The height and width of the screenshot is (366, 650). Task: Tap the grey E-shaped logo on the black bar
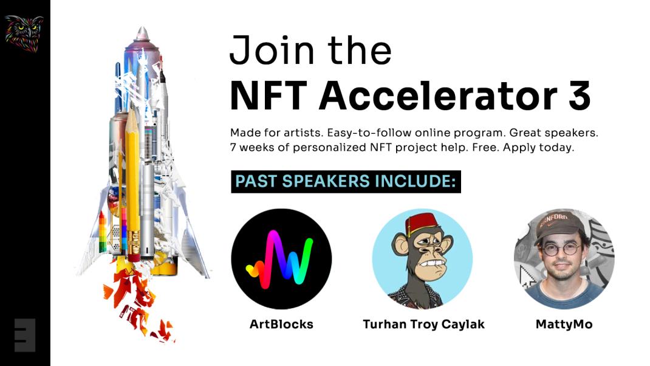[x=25, y=335]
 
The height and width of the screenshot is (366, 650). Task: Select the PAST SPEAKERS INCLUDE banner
[x=346, y=182]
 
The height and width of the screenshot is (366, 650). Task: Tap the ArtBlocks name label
[x=281, y=324]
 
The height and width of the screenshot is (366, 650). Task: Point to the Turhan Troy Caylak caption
[x=423, y=324]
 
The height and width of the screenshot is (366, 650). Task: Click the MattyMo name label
[x=564, y=324]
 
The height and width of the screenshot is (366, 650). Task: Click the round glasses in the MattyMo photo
[x=558, y=249]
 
